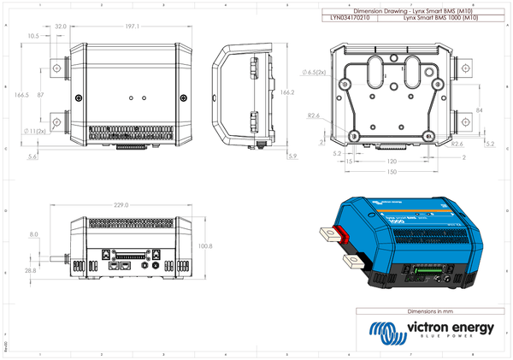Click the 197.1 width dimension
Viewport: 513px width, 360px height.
[x=132, y=27]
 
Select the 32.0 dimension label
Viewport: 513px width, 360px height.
[x=61, y=27]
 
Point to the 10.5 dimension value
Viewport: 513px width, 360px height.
[x=33, y=37]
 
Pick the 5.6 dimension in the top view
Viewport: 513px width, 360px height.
[x=32, y=157]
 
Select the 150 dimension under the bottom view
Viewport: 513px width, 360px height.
[x=390, y=172]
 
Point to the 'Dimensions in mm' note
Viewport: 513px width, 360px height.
[x=433, y=311]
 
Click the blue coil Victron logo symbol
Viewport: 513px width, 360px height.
[x=381, y=331]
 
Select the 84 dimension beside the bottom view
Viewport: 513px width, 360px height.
[x=480, y=111]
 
